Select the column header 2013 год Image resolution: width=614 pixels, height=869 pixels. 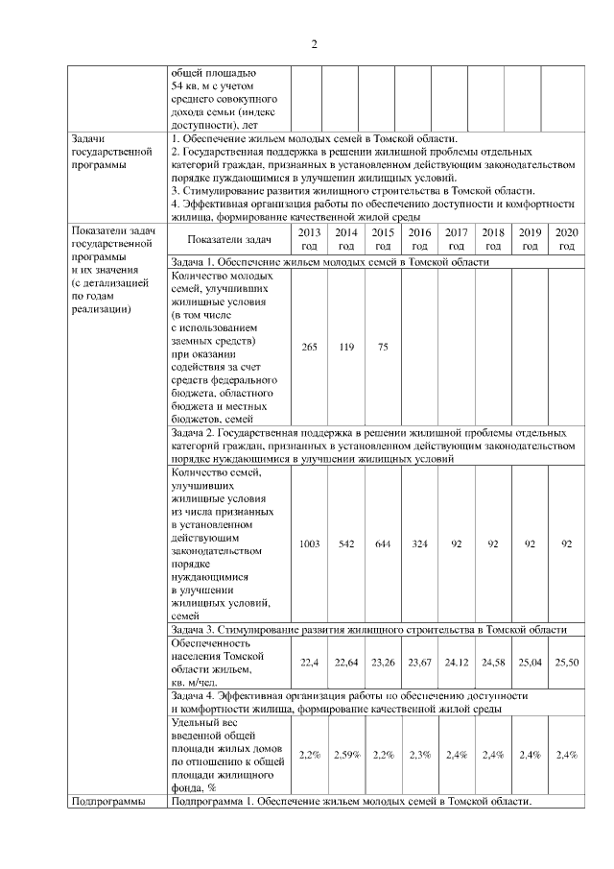[x=309, y=239]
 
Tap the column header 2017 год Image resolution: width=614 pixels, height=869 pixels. [x=457, y=239]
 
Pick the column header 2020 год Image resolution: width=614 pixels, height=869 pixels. [x=567, y=239]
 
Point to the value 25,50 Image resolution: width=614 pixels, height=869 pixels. [x=567, y=662]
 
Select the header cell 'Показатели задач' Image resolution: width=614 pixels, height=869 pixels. [x=229, y=239]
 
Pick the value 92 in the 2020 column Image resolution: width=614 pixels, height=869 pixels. [x=567, y=543]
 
